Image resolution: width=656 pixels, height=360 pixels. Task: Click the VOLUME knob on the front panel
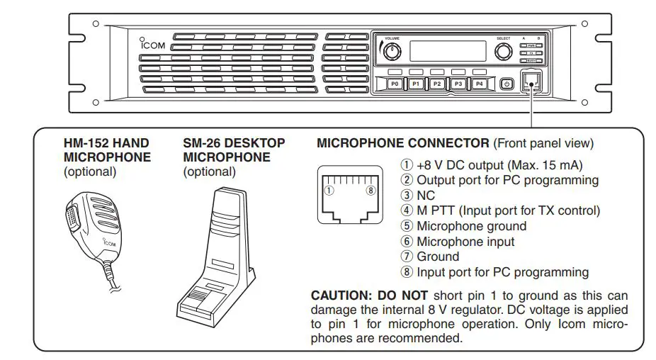392,51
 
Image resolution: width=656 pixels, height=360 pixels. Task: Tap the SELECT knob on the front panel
503,51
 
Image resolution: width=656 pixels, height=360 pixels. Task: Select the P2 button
437,84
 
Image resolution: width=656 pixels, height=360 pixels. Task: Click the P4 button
480,84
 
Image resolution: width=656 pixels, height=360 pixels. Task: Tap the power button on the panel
506,84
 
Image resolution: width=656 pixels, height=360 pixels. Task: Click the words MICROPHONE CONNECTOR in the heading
402,143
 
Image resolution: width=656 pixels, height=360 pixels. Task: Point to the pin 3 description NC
426,195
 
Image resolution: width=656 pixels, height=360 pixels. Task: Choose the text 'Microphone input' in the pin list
465,242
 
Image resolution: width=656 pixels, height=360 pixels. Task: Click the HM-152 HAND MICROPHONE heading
107,150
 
